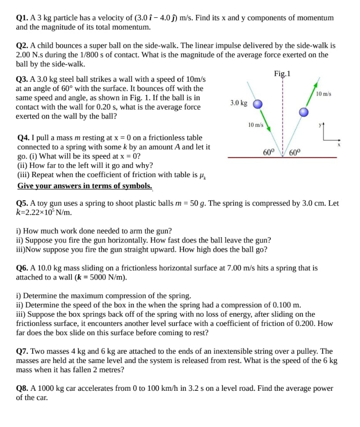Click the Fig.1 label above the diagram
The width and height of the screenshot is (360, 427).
tap(282, 73)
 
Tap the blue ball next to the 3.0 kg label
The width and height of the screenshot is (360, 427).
tap(258, 104)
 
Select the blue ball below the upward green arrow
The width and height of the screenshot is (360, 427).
tap(303, 112)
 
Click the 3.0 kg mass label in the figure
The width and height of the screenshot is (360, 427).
tap(239, 103)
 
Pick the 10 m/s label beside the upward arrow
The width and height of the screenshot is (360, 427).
tap(324, 94)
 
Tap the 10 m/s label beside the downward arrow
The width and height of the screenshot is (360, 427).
tap(256, 125)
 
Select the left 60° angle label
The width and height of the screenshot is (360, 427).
tap(269, 152)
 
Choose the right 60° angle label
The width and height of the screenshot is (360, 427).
tap(295, 152)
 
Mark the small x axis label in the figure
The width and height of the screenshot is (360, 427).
tap(339, 144)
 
